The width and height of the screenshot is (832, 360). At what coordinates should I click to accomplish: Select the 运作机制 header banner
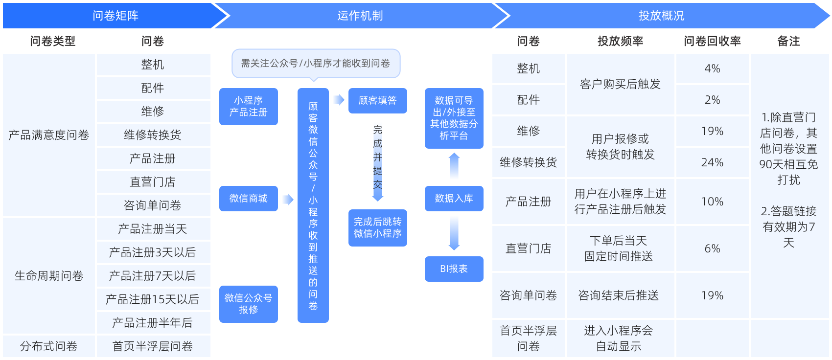point(360,16)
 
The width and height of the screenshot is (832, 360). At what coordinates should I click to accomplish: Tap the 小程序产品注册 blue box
point(249,107)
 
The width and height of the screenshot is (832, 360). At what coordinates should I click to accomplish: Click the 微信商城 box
point(249,199)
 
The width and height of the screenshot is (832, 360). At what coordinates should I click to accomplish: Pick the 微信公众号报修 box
point(249,304)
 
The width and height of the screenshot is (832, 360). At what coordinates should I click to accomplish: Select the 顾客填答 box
point(378,101)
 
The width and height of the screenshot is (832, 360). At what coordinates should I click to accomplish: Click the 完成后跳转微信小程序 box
point(378,228)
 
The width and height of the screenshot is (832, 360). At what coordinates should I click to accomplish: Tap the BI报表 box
point(454,269)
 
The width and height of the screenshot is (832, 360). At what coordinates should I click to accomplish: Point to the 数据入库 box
point(454,199)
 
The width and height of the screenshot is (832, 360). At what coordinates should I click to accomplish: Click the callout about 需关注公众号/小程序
point(316,64)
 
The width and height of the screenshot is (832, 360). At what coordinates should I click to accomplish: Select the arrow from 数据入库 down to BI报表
point(454,234)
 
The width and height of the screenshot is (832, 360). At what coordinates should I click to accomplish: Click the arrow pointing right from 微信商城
point(288,200)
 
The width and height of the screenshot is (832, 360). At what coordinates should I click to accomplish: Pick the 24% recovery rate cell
point(712,162)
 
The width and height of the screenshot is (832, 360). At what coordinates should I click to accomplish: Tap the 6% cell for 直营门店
point(712,248)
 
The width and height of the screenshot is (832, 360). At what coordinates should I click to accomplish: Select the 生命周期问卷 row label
point(48,276)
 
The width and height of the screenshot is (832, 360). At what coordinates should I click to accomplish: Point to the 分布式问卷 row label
point(48,346)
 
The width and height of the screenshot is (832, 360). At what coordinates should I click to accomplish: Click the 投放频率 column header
point(620,41)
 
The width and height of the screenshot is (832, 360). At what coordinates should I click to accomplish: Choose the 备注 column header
point(788,41)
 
